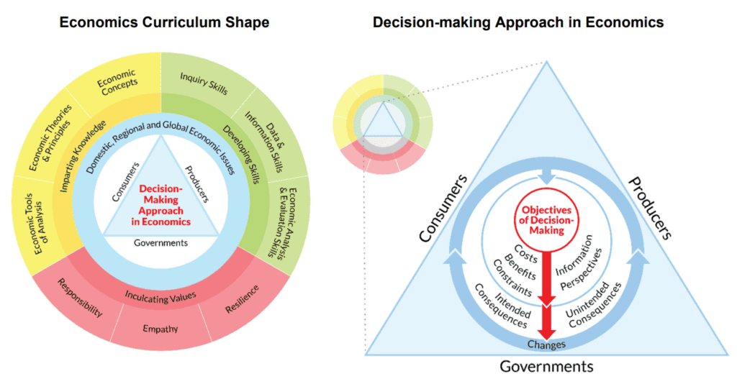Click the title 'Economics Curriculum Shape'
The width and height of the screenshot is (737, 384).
point(164,22)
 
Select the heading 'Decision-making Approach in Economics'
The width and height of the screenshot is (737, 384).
point(517,22)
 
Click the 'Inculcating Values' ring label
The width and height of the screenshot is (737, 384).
point(162,295)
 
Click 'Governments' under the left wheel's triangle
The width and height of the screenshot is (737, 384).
point(161,242)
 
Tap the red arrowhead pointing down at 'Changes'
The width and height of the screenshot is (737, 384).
point(547,329)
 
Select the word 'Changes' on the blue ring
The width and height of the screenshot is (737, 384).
point(547,344)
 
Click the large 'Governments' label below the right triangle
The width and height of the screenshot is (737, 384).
point(547,367)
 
